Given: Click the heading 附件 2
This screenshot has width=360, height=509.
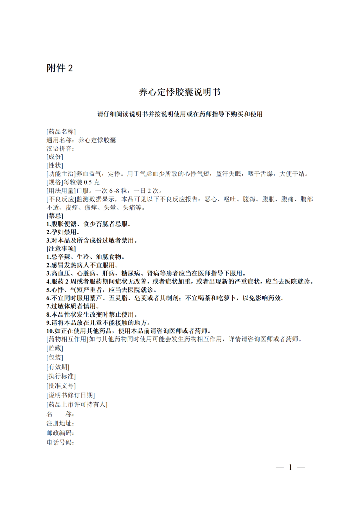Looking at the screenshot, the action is [x=60, y=68].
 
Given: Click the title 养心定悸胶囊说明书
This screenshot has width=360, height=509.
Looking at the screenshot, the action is [x=180, y=92].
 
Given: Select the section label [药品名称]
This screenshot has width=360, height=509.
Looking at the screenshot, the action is [x=61, y=132].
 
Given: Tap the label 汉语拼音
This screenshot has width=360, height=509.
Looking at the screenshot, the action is [x=60, y=149].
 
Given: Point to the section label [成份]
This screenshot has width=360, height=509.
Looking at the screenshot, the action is [x=55, y=157].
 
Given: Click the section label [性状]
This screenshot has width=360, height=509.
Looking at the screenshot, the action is [x=55, y=165].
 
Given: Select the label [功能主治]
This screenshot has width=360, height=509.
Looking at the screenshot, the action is [x=61, y=174].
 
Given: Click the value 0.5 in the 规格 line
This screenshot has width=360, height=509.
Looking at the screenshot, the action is [x=88, y=182].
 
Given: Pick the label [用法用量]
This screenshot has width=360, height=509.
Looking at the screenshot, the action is [x=61, y=191].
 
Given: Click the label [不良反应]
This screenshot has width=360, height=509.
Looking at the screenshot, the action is [x=61, y=199].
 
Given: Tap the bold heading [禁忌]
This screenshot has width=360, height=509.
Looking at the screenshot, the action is [x=55, y=216].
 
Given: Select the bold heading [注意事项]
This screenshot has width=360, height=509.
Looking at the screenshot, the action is [x=61, y=249].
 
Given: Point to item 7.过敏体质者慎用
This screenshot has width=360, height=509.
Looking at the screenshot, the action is [x=73, y=306].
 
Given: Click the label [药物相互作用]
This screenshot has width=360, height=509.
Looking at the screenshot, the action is [x=67, y=339].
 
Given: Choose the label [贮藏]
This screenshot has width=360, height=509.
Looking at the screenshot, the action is [x=55, y=348].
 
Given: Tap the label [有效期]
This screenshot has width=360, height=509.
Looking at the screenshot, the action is [x=58, y=367].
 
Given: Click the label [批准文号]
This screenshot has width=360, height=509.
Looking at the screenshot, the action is [x=61, y=386].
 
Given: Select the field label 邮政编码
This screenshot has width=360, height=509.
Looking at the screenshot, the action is [x=60, y=433].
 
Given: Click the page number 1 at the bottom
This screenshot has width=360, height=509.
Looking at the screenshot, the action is [x=290, y=467].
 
